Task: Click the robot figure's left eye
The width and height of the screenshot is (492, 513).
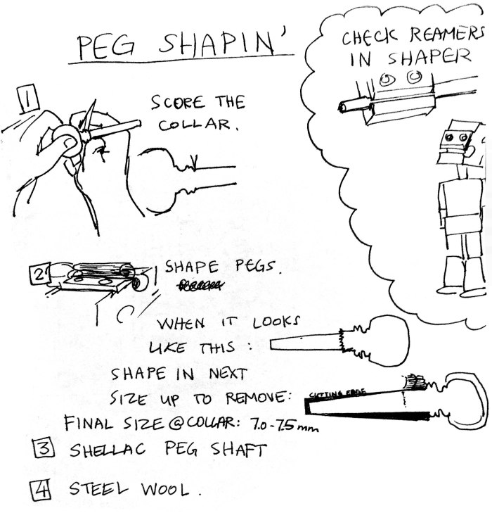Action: click(451, 137)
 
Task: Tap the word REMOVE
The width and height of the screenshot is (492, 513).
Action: click(254, 398)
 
